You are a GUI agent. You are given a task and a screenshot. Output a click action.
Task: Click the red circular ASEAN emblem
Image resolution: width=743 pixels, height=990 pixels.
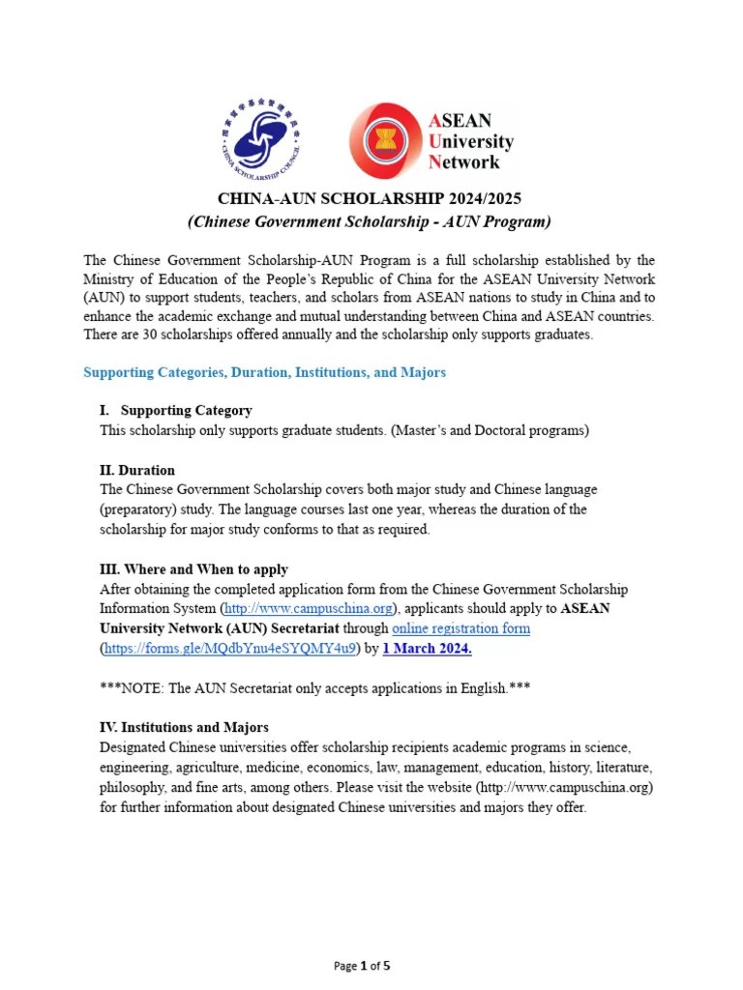pyautogui.click(x=385, y=141)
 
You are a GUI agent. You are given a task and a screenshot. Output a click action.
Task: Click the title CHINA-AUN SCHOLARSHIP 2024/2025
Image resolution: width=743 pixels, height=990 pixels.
pyautogui.click(x=369, y=199)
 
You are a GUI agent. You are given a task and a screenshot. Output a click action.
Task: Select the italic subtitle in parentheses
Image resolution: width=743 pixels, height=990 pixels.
pyautogui.click(x=369, y=222)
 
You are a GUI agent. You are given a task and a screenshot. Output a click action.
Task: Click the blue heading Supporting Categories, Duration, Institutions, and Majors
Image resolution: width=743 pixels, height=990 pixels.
pyautogui.click(x=264, y=372)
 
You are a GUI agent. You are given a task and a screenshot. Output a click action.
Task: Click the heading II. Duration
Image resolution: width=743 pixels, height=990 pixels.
pyautogui.click(x=137, y=470)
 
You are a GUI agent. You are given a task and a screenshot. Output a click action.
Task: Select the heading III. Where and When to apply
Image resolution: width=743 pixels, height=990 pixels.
pyautogui.click(x=193, y=569)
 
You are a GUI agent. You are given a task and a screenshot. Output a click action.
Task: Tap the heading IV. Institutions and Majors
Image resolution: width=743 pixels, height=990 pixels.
pyautogui.click(x=184, y=727)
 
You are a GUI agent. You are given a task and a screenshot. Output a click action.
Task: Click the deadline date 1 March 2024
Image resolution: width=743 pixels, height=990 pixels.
pyautogui.click(x=427, y=649)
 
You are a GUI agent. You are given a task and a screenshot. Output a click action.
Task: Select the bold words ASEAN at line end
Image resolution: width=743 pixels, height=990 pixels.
pyautogui.click(x=584, y=609)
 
